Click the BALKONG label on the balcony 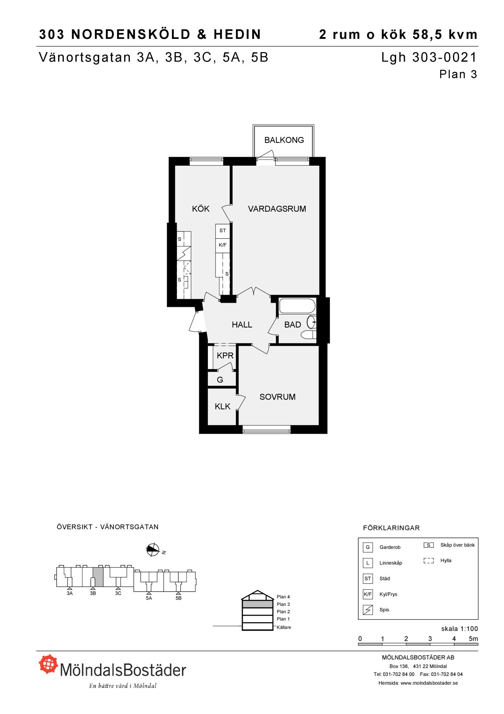pos(284,140)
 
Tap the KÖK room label pos(200,208)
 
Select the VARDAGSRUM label pos(277,209)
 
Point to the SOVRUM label pos(278,397)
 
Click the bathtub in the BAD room pos(297,306)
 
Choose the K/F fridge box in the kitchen pos(223,245)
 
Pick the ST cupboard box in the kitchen pos(223,231)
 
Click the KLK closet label pos(223,406)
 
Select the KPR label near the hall pos(225,356)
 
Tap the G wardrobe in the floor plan pos(220,380)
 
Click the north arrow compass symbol pos(153,550)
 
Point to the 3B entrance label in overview pos(93,593)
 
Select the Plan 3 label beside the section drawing pos(283,604)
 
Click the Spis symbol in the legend pos(368,610)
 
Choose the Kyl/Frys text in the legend pos(388,594)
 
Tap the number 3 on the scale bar pos(430,639)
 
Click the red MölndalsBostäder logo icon pos(49,664)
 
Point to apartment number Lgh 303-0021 pos(429,57)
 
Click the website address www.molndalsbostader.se pos(429,683)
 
